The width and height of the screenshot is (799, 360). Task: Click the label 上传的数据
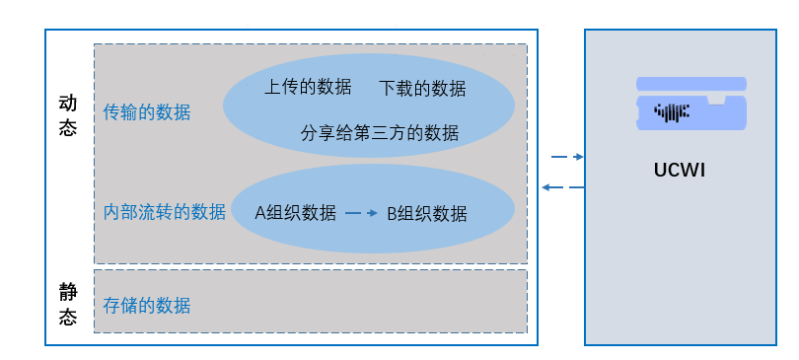pos(308,87)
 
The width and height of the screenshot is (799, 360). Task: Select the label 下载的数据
pos(422,89)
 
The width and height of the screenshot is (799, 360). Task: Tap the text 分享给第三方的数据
pos(380,132)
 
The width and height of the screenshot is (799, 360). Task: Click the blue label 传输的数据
pos(147,112)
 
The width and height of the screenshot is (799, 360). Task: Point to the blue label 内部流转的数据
pos(165,212)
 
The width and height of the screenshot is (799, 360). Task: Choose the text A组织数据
pos(296,213)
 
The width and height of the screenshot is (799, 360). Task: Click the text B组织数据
pos(426,213)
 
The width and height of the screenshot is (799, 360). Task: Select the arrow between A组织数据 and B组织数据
pos(362,213)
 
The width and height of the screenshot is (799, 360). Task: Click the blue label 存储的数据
pos(147,305)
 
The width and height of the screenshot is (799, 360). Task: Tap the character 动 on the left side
pos(67,103)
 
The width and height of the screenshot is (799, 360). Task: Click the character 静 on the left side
pos(67,292)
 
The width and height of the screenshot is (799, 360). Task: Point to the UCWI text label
pos(680,170)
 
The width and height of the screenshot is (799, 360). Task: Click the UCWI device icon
pos(690,105)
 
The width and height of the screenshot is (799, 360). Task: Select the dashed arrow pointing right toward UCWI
pos(567,157)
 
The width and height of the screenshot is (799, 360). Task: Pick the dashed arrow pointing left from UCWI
pos(563,186)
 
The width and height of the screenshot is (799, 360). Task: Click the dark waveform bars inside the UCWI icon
pos(672,111)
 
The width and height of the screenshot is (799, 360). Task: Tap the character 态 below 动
pos(67,128)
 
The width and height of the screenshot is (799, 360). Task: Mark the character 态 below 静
pos(67,318)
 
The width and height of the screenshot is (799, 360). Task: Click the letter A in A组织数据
pos(260,213)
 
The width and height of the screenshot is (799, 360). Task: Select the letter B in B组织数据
pos(391,213)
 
